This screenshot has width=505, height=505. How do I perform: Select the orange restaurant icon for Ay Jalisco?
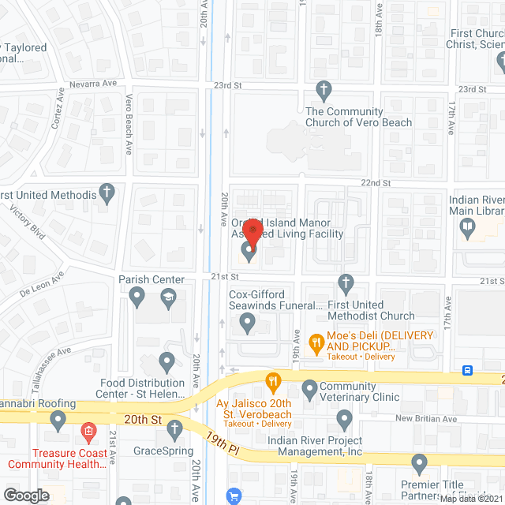pyautogui.click(x=274, y=383)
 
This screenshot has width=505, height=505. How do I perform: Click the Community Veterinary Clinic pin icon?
pyautogui.click(x=309, y=388)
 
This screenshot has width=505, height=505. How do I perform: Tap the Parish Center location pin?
pyautogui.click(x=137, y=297)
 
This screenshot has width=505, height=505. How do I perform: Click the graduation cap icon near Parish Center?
pyautogui.click(x=168, y=297)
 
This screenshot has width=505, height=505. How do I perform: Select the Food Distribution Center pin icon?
pyautogui.click(x=166, y=362)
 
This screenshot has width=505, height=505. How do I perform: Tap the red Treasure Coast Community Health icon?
pyautogui.click(x=88, y=432)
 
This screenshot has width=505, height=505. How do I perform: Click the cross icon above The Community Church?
pyautogui.click(x=322, y=88)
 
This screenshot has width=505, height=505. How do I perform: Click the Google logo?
pyautogui.click(x=26, y=495)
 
